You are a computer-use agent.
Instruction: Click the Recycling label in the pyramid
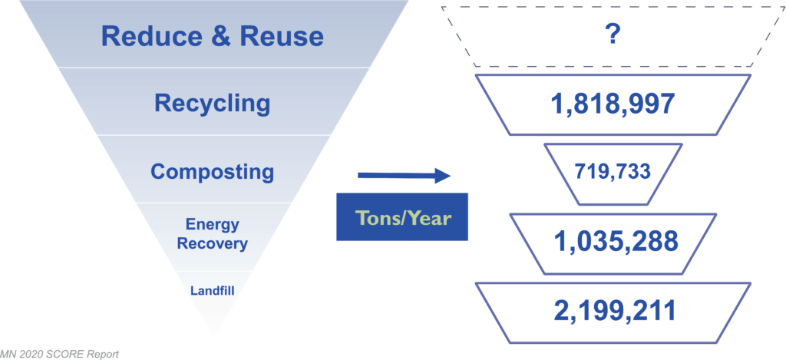pos(213,104)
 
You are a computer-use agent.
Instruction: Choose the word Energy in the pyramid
pos(213,225)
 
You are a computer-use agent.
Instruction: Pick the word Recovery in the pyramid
pos(213,243)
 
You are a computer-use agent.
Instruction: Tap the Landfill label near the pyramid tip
pos(213,290)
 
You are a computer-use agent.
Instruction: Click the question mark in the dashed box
pos(613,36)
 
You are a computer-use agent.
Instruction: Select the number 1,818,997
pos(613,104)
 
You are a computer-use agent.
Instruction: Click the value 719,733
pos(613,172)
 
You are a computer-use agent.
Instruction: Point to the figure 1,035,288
pos(616,243)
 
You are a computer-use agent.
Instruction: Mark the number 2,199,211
pos(615,311)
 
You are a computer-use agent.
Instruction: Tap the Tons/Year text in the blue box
pos(402,217)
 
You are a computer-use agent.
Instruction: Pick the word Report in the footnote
pos(103,355)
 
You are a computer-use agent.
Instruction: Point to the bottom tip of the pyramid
pos(213,335)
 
